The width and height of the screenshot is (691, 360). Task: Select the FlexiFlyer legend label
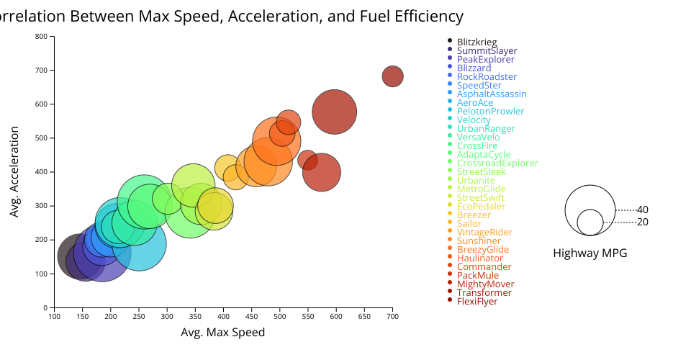click(477, 302)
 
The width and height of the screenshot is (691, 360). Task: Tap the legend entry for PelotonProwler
click(490, 112)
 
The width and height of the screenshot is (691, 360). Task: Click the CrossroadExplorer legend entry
click(497, 163)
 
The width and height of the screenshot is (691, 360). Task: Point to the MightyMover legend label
click(485, 284)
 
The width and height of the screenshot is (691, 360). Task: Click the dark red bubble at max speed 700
click(392, 76)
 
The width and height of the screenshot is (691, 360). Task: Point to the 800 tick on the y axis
click(41, 37)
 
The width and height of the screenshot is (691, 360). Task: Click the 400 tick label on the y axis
click(41, 172)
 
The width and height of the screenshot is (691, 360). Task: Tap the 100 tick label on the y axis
click(41, 274)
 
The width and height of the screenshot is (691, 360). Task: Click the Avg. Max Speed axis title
click(222, 333)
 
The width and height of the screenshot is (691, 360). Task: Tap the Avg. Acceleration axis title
click(14, 172)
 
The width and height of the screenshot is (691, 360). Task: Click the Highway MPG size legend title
click(590, 253)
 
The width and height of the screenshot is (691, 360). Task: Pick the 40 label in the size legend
click(642, 210)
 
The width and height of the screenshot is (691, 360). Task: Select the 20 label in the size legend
click(642, 222)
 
